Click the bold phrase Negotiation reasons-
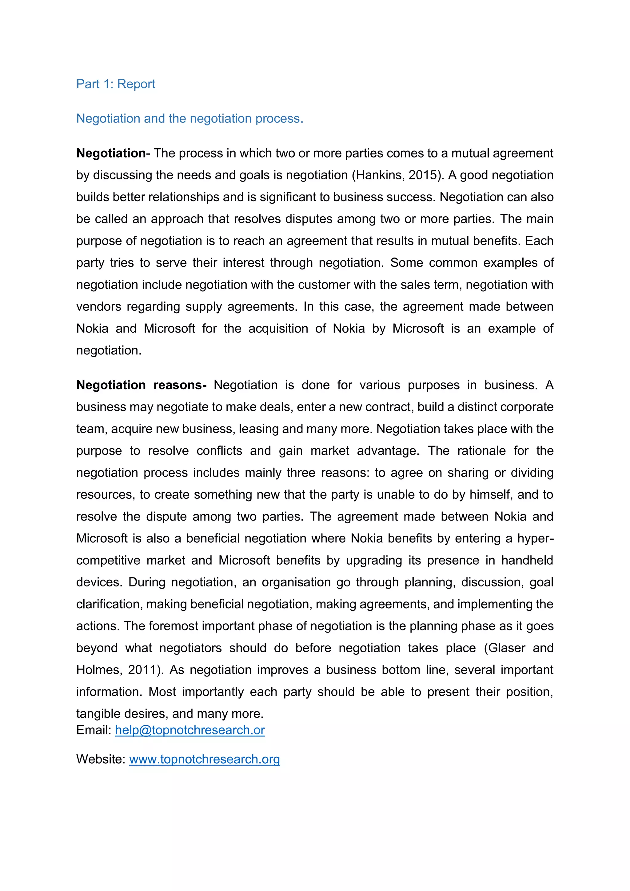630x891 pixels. [x=141, y=385]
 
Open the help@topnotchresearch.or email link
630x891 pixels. [x=190, y=730]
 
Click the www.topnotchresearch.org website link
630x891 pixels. [x=205, y=759]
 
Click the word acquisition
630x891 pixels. [x=278, y=329]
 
